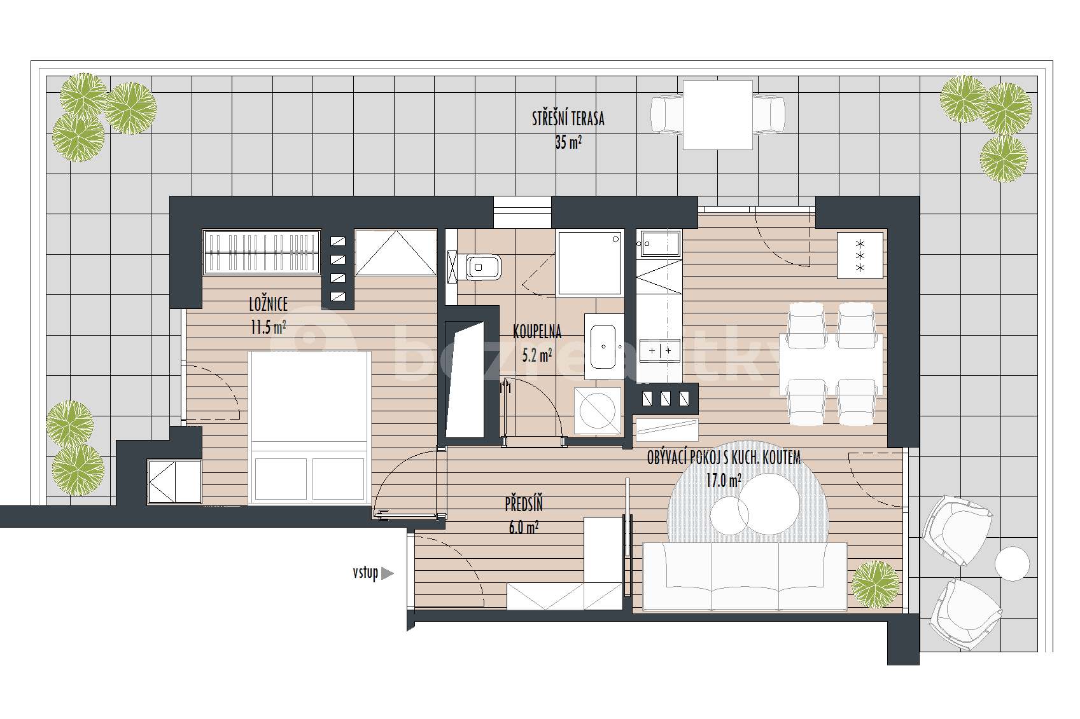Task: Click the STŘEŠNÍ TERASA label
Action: click(568, 119)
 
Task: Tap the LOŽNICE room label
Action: click(268, 304)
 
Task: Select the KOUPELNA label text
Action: click(537, 331)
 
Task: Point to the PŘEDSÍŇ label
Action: click(524, 504)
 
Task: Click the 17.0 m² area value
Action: click(723, 480)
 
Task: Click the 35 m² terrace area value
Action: click(568, 142)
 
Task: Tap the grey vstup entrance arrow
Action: click(387, 573)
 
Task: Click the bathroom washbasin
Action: click(603, 347)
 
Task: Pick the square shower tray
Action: click(589, 263)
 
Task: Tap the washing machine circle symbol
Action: click(598, 411)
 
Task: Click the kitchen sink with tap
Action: click(659, 243)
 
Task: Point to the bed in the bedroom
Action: click(309, 426)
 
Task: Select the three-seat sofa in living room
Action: click(745, 576)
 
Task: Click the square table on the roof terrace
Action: click(717, 115)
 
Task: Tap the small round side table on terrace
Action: click(1012, 563)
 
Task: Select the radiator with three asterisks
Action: click(860, 256)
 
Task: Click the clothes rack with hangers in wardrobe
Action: click(262, 252)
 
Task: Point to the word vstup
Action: click(365, 573)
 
